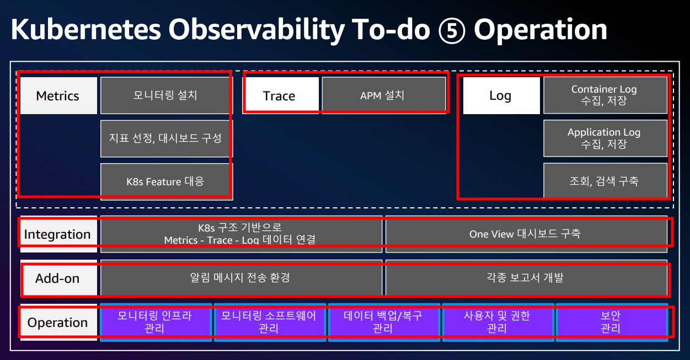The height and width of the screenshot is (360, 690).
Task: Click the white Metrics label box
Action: click(x=58, y=95)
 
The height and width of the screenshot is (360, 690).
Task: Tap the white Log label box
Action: click(x=501, y=95)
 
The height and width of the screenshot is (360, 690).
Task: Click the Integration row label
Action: click(x=58, y=234)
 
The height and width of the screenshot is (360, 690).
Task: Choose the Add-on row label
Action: click(x=58, y=278)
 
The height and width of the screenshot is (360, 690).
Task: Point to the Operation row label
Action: click(x=58, y=322)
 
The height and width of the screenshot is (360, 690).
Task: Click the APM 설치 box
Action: click(x=384, y=95)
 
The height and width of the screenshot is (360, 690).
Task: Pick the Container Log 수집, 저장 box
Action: click(x=605, y=95)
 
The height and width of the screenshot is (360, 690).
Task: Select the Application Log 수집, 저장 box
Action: click(x=605, y=138)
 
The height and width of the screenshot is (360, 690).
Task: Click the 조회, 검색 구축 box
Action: click(x=605, y=181)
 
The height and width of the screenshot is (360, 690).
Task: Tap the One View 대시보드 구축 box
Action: click(x=526, y=234)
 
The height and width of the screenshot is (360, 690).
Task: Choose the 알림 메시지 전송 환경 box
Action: click(x=241, y=278)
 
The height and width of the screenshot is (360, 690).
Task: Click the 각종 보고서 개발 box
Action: click(x=526, y=278)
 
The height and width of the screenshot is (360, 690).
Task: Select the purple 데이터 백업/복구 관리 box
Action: click(x=384, y=322)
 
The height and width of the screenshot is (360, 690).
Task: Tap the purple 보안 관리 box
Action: click(x=612, y=322)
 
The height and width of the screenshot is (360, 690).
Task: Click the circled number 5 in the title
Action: click(x=452, y=30)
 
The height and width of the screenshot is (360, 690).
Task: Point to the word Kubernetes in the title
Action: click(x=86, y=29)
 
